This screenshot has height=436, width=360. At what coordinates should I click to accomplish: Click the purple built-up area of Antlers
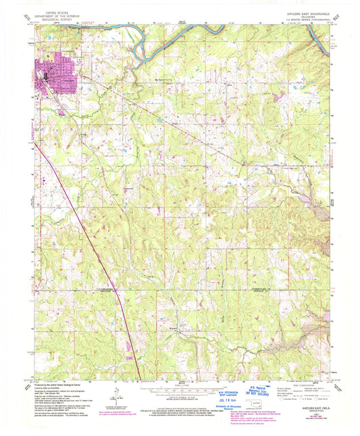tap(53, 72)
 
